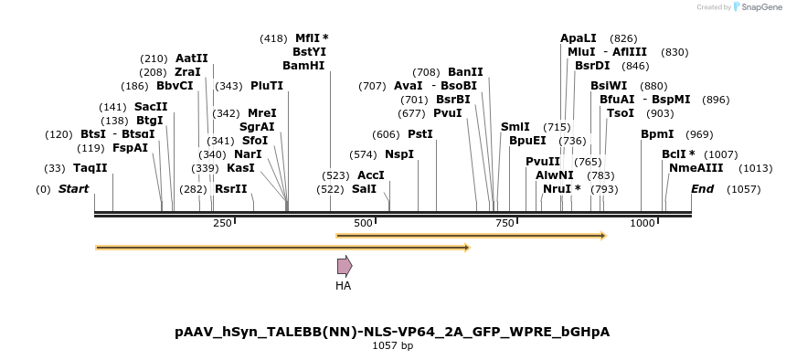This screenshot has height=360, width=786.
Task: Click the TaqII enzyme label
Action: pyautogui.click(x=90, y=168)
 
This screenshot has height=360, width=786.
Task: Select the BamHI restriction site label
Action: pyautogui.click(x=303, y=66)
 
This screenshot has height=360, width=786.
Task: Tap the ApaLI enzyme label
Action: pyautogui.click(x=578, y=38)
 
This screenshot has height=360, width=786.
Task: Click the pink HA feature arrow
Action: pyautogui.click(x=344, y=266)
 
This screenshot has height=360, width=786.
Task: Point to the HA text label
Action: pyautogui.click(x=343, y=286)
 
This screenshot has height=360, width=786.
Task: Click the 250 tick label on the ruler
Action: pyautogui.click(x=222, y=224)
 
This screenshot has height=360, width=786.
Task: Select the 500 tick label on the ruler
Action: pyautogui.click(x=363, y=224)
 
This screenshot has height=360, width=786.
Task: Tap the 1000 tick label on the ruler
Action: pyautogui.click(x=643, y=224)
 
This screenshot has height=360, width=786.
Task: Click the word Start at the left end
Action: pyautogui.click(x=74, y=189)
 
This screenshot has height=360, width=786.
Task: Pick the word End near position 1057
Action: pyautogui.click(x=702, y=189)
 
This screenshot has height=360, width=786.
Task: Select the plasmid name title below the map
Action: pyautogui.click(x=392, y=332)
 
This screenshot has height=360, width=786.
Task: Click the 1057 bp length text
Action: pyautogui.click(x=392, y=346)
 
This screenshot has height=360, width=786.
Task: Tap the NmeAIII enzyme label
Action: pyautogui.click(x=696, y=168)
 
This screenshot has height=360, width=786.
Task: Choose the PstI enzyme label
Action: pyautogui.click(x=420, y=133)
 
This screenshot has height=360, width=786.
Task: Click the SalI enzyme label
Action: pyautogui.click(x=364, y=188)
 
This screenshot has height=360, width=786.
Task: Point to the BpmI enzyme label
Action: pyautogui.click(x=657, y=133)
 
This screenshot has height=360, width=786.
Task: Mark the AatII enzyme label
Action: pyautogui.click(x=192, y=58)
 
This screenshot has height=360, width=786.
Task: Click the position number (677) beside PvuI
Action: pyautogui.click(x=411, y=113)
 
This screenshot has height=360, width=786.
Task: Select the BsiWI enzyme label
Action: pyautogui.click(x=609, y=86)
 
